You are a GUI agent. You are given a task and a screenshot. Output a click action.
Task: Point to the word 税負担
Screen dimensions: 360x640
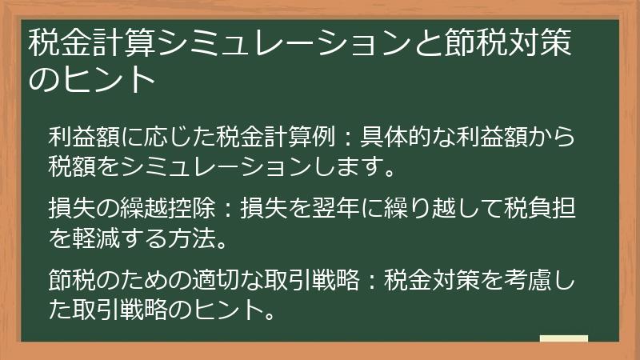[x=545, y=210]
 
